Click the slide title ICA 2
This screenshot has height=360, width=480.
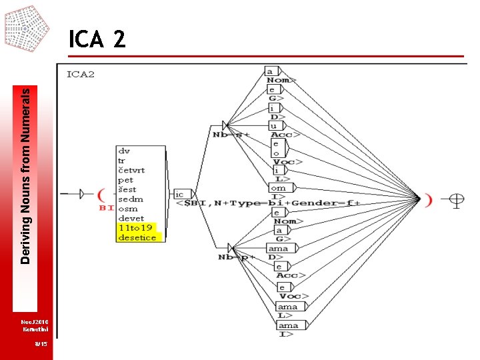[x=97, y=40]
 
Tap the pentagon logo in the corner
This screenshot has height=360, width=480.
[x=27, y=28]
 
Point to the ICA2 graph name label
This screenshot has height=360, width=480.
[x=81, y=74]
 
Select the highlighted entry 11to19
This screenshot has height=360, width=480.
[x=135, y=228]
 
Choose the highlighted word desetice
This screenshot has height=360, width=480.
[x=137, y=237]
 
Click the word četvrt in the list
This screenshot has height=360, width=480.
[x=131, y=170]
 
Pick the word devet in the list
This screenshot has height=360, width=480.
[x=131, y=219]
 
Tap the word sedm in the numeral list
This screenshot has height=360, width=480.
[x=130, y=199]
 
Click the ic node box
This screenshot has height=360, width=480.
[x=179, y=195]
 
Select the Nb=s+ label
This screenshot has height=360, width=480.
[x=231, y=135]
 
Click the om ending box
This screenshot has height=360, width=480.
[x=279, y=188]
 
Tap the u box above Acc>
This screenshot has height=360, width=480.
[x=273, y=126]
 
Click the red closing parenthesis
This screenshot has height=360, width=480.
[x=429, y=198]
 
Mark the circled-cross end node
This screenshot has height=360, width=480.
[x=457, y=198]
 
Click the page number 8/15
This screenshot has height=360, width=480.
[x=41, y=343]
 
